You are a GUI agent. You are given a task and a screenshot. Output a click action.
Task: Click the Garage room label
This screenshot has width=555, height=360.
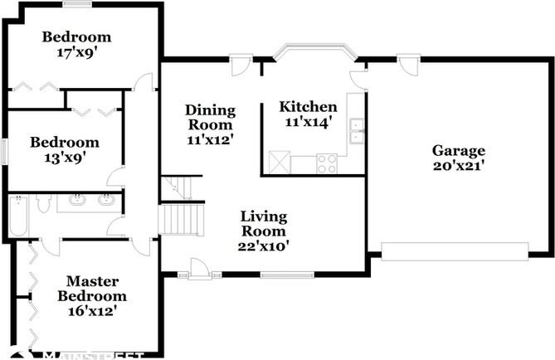tap(458, 151)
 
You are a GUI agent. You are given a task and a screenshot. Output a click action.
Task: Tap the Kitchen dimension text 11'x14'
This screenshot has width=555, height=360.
tap(308, 123)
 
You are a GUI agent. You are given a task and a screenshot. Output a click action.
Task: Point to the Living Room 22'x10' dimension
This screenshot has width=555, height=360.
tap(264, 246)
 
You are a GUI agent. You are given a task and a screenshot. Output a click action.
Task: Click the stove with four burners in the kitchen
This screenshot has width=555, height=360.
tap(327, 163)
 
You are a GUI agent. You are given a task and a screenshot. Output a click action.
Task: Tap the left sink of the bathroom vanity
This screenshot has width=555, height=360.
tap(78, 199)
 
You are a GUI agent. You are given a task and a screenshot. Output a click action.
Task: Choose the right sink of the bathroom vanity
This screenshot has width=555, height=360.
tap(106, 199)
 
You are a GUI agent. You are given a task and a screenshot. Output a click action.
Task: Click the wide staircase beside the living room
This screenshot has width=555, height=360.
tap(181, 221)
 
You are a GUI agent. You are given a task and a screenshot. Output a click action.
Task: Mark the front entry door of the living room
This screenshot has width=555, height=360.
tap(199, 270)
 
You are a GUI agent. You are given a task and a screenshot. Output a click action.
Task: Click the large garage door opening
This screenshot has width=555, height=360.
tap(455, 250)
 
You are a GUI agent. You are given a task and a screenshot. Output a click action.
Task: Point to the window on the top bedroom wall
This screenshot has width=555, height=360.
tap(77, 5)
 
